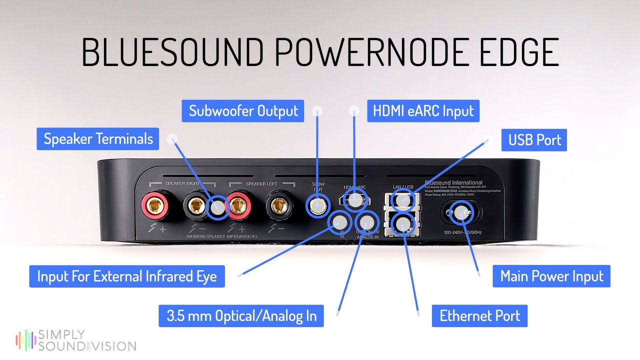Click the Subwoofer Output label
[x=243, y=110]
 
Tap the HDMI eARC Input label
[x=423, y=110]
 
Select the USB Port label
[x=534, y=140]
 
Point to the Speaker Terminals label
[x=98, y=138]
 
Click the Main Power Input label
[x=551, y=276]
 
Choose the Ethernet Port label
[x=479, y=316]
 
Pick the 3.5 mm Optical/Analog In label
[x=241, y=316]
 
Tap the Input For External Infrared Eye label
[x=127, y=276]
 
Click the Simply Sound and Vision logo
[x=75, y=340]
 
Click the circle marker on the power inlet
[x=460, y=213]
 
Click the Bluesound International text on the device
[x=453, y=183]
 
